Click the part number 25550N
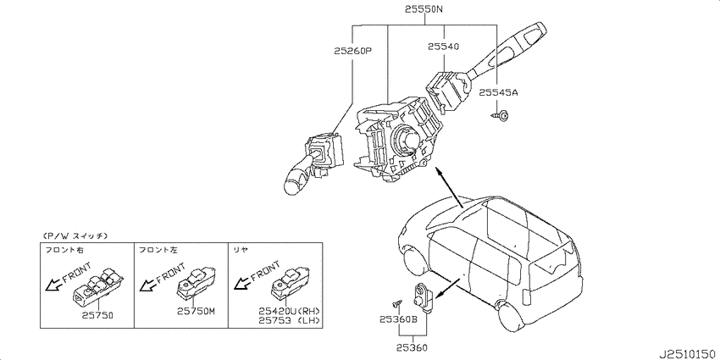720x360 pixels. coord(424,8)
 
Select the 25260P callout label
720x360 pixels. coord(352,52)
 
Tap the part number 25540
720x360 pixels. coord(444,47)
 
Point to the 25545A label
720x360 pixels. coord(498,93)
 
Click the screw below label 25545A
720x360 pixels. coord(500,115)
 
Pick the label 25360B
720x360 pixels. coord(398,319)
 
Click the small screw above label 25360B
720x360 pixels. coord(397,303)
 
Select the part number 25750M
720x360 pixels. coord(196,312)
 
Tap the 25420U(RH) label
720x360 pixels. coord(289,311)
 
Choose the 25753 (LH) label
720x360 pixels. coord(289,320)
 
